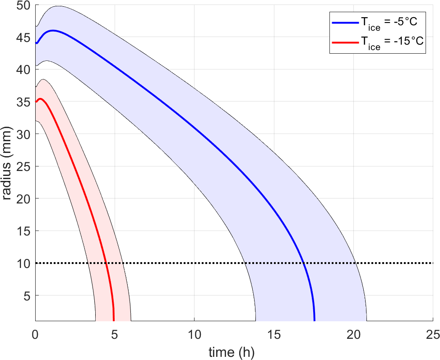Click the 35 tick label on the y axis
[x=22, y=102]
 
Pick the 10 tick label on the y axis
[x=22, y=263]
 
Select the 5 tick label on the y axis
[x=25, y=295]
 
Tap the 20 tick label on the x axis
[x=353, y=334]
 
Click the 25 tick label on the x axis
[x=433, y=334]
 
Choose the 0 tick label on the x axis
[x=35, y=334]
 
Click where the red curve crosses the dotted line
[x=106, y=263]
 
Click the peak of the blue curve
[x=53, y=30]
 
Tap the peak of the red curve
[x=40, y=99]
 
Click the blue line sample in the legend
[x=345, y=22]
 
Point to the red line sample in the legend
[x=345, y=42]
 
